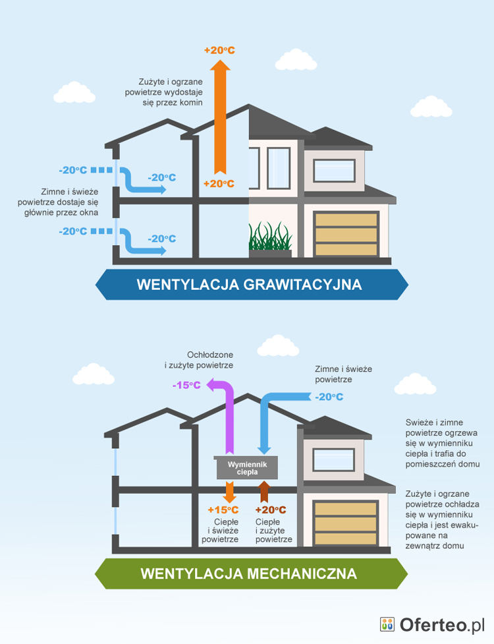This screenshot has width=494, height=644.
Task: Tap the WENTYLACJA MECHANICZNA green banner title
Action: coord(249,573)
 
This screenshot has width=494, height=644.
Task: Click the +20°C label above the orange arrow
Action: coord(219,49)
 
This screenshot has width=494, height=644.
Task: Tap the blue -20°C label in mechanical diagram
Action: coord(329,397)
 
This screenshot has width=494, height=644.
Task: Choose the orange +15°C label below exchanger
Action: coord(223,510)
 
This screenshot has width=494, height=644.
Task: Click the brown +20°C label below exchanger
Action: coord(270,510)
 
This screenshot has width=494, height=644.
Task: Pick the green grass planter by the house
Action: coord(270,240)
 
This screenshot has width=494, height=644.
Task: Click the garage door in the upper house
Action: coord(346,233)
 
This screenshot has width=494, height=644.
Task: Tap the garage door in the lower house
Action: coord(346,522)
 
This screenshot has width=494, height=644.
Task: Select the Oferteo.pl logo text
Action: coord(441,625)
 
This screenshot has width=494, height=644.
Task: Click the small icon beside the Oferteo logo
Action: coord(387,624)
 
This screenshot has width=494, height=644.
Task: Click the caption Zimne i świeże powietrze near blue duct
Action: coord(343,374)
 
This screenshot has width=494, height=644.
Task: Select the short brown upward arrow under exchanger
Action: coord(265,491)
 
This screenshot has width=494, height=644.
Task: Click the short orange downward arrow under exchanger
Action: coord(230,492)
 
